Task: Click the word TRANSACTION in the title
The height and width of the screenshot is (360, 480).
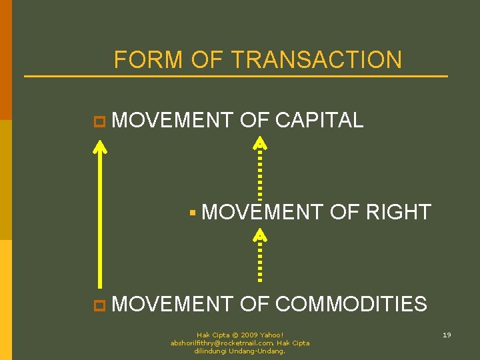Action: point(317,60)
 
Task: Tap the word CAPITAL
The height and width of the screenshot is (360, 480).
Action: point(319,120)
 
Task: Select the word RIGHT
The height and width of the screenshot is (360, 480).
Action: point(398,212)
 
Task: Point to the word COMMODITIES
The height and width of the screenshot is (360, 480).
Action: point(351,304)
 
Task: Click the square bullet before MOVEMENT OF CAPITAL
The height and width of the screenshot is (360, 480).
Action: point(99,121)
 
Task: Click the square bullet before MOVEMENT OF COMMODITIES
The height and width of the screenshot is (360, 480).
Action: point(99,305)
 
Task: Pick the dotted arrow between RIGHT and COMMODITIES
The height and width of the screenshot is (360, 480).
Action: point(260,257)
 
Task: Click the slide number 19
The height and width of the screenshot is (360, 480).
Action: point(447,335)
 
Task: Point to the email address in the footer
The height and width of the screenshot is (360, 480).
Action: point(213,343)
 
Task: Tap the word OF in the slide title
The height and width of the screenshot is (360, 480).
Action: point(207,60)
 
